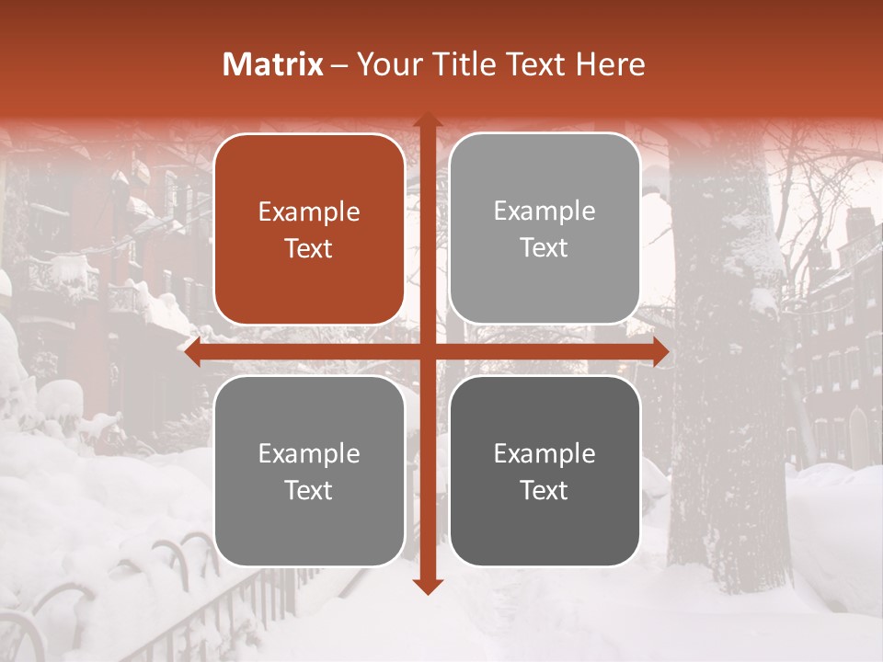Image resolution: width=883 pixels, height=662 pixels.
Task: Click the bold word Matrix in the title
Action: tap(273, 64)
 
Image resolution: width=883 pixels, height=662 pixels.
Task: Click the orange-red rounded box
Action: tap(309, 230)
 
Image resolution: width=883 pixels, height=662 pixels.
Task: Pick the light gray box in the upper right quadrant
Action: tap(545, 229)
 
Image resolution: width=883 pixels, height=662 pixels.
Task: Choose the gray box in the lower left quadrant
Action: tap(309, 472)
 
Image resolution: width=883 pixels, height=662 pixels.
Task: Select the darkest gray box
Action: tap(545, 472)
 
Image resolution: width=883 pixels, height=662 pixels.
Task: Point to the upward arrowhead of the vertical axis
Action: tap(427, 119)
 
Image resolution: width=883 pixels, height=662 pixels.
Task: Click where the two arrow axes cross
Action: tap(427, 351)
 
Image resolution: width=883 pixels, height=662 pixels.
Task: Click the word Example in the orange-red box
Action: tap(309, 212)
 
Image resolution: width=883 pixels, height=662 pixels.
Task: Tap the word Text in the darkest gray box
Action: tap(545, 490)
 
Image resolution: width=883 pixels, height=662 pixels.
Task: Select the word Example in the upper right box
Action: tap(545, 211)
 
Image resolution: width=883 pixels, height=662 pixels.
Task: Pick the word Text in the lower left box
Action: tap(309, 490)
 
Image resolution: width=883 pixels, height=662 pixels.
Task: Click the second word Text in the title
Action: tap(537, 64)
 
